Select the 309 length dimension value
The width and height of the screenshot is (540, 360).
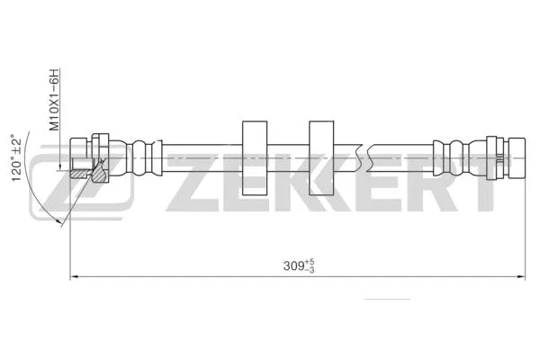[292, 266]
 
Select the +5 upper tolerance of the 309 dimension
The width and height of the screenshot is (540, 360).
[310, 262]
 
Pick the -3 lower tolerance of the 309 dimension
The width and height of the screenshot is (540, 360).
[310, 270]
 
